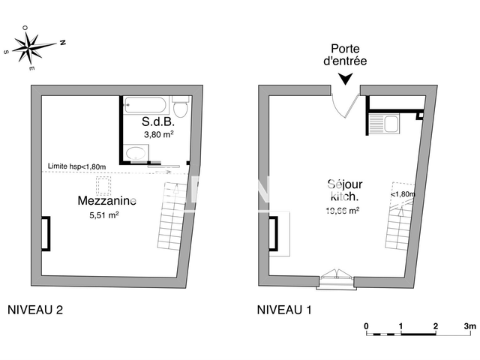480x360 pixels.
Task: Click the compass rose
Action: click(34, 47)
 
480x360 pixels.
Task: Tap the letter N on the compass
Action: click(62, 43)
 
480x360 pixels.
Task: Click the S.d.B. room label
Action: click(158, 121)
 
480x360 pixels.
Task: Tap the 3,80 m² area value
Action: click(159, 135)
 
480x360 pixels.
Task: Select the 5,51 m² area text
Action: click(104, 214)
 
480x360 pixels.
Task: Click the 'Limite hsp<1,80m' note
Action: click(74, 166)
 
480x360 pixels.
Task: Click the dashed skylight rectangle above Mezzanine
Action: click(103, 184)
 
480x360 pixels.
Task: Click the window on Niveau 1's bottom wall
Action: click(337, 279)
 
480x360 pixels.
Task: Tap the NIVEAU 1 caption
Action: click(285, 309)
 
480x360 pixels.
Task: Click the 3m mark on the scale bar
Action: click(469, 326)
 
